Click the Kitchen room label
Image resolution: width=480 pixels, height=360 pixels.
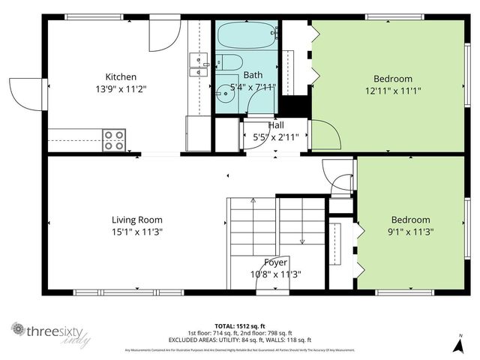click(121, 76)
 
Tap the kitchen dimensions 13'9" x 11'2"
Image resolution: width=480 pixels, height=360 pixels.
click(121, 88)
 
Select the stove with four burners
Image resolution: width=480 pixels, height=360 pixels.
click(114, 140)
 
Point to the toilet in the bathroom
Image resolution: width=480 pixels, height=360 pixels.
click(230, 63)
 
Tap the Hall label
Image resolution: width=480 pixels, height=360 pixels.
click(276, 125)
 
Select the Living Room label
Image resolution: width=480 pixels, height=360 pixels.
click(137, 220)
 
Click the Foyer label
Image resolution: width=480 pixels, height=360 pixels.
click(275, 262)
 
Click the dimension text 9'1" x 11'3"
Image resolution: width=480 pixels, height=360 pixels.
click(411, 232)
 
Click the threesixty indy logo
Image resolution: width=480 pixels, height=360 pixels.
click(49, 331)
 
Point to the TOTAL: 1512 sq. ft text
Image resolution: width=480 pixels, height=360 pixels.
click(239, 326)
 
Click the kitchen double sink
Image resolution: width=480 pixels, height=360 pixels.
click(199, 65)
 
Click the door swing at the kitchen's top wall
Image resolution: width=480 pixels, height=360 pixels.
click(163, 36)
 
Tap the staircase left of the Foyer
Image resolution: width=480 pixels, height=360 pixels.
click(253, 225)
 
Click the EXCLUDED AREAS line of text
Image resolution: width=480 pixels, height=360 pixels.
click(239, 340)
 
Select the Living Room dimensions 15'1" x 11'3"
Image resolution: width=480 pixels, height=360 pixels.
click(137, 232)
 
